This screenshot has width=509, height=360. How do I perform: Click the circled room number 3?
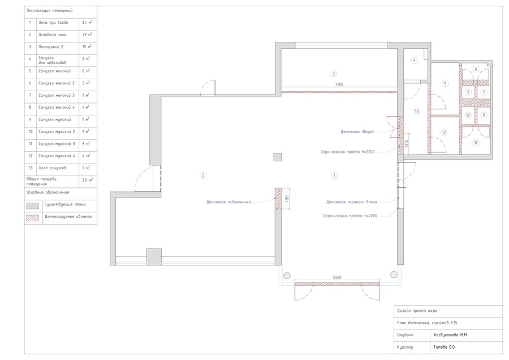[x=333, y=74]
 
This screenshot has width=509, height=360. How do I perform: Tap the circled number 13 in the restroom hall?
[x=416, y=112]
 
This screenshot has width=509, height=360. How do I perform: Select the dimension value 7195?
[x=339, y=85]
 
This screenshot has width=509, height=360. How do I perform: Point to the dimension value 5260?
[x=337, y=278]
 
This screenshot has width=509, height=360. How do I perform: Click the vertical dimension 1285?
[x=287, y=199]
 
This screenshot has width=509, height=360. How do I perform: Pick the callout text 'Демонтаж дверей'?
[x=357, y=131]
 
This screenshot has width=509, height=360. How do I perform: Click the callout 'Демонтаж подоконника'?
[x=228, y=202]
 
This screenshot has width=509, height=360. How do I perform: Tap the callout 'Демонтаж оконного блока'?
[x=352, y=202]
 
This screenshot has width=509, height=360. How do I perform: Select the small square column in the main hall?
[x=277, y=157]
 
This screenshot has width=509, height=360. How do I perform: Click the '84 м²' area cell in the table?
[x=87, y=23]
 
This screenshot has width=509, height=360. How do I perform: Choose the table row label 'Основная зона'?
[x=52, y=35]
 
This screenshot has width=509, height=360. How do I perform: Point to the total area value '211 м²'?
[x=87, y=179]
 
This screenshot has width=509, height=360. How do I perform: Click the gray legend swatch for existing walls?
[x=32, y=205]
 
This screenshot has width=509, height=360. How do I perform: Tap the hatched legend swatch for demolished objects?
[x=32, y=218]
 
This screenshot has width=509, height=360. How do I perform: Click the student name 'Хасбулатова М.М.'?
[x=451, y=335]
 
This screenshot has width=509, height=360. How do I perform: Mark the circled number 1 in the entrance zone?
[x=334, y=175]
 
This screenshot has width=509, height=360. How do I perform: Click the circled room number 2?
[x=203, y=175]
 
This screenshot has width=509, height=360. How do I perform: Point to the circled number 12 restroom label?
[x=444, y=132]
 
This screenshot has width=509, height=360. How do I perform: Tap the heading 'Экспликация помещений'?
[x=50, y=11]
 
